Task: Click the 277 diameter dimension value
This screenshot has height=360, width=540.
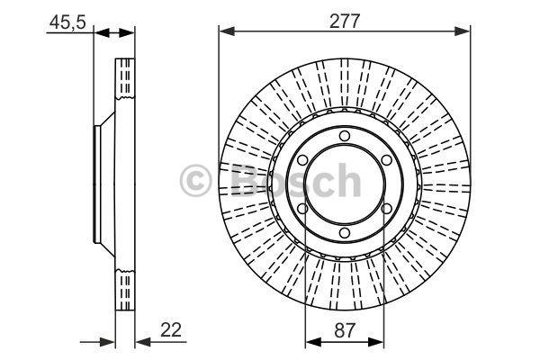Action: pyautogui.click(x=345, y=22)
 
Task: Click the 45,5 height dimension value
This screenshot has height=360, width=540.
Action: pyautogui.click(x=67, y=23)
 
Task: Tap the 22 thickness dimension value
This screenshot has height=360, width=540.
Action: pyautogui.click(x=171, y=330)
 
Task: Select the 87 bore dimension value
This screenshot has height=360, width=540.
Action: pyautogui.click(x=344, y=330)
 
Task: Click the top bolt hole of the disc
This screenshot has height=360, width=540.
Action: pyautogui.click(x=345, y=136)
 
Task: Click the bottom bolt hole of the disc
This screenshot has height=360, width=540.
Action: pyautogui.click(x=345, y=233)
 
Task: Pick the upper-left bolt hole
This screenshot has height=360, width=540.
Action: pyautogui.click(x=302, y=160)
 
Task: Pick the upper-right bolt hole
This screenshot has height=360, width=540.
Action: pyautogui.click(x=386, y=160)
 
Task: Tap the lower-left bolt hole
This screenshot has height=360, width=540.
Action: pyautogui.click(x=302, y=209)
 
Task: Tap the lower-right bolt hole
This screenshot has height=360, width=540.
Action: pyautogui.click(x=386, y=209)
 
